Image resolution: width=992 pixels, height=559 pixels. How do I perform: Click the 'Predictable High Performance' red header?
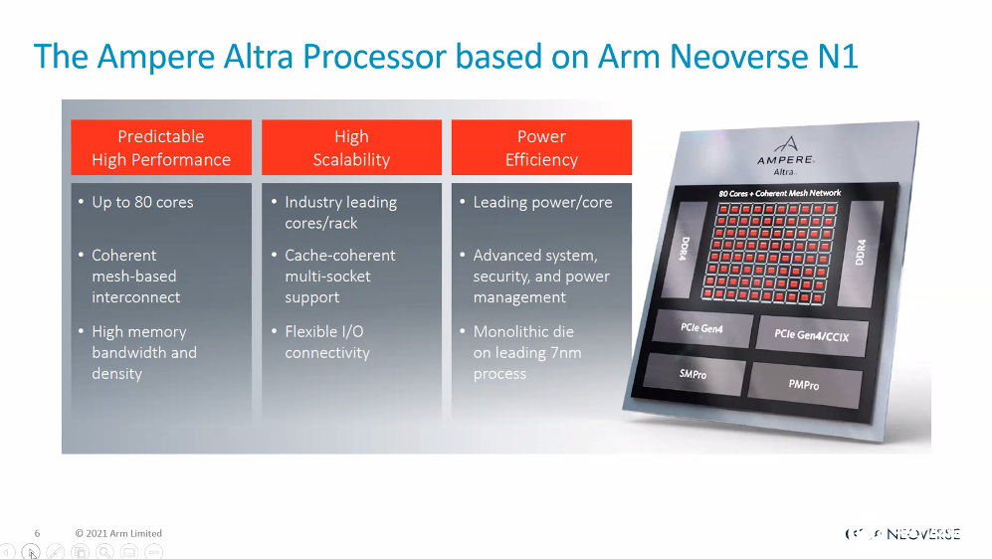pos(161,147)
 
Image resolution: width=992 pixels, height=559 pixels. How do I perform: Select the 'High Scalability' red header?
pos(352,147)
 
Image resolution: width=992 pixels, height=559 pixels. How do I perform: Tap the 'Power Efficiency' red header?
pos(541,147)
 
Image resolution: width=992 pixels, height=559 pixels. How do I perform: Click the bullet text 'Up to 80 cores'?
pos(142,202)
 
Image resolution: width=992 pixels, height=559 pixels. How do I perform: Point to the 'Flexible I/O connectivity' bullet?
pos(327,342)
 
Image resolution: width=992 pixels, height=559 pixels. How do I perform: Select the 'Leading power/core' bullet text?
pos(543,202)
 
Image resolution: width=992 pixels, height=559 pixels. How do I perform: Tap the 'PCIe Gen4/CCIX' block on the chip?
pos(811,336)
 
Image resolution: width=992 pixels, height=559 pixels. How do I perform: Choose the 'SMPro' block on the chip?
pos(694,374)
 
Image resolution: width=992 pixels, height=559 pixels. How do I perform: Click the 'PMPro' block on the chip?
pos(804,385)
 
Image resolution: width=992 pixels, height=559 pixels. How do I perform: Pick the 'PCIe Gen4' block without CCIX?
pos(701,327)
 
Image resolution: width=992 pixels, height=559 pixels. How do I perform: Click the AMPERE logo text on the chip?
pos(786,159)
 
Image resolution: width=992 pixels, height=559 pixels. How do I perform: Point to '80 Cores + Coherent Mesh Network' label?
pos(779,193)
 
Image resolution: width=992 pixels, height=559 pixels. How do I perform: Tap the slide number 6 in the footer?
pos(38,533)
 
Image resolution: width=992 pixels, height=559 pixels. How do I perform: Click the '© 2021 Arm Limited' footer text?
pos(118,533)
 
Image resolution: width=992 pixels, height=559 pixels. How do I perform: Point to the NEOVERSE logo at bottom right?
pos(902,534)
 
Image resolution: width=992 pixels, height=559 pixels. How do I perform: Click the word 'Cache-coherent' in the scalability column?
pos(339,256)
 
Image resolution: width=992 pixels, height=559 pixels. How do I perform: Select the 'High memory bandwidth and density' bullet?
pos(144,352)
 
